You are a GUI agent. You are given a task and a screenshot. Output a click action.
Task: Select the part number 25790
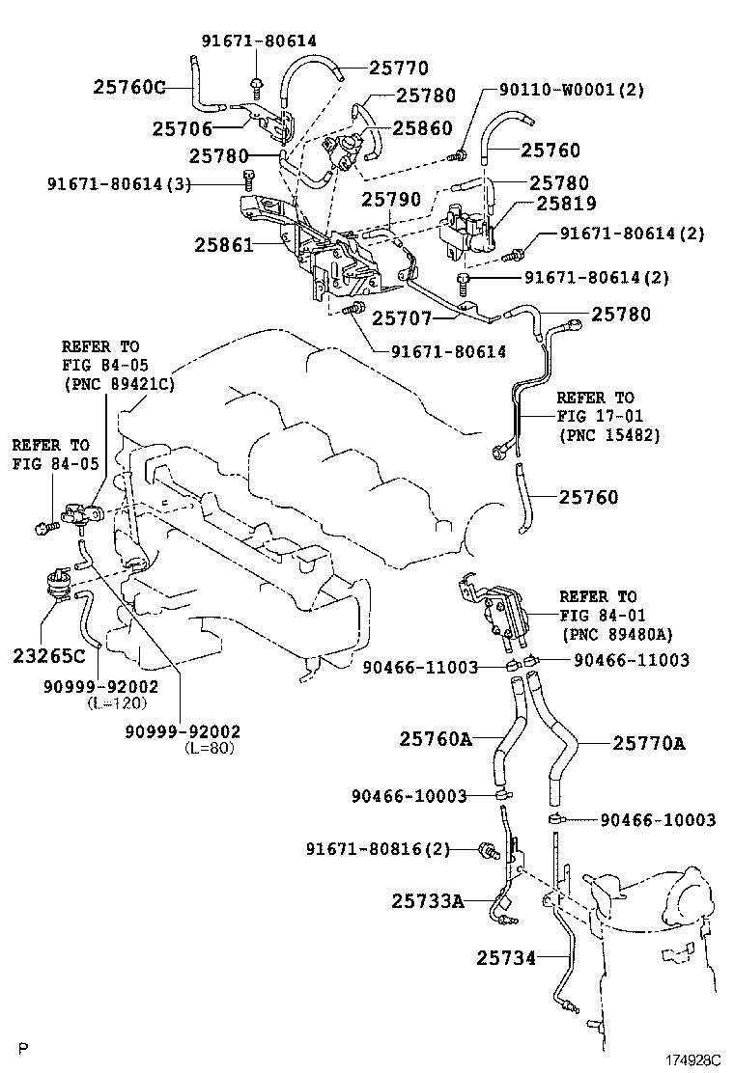(391, 199)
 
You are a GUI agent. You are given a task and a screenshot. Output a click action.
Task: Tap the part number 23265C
(49, 657)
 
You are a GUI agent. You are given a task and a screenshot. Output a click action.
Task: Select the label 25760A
(436, 740)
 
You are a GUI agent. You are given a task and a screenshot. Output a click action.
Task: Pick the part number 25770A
(648, 743)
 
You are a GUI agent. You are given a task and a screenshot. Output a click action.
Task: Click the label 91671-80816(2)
(379, 849)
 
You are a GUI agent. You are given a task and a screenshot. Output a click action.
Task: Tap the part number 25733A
(428, 901)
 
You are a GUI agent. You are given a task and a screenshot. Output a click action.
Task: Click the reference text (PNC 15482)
(608, 434)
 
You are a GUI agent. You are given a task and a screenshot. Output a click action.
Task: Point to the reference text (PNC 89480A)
(616, 634)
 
